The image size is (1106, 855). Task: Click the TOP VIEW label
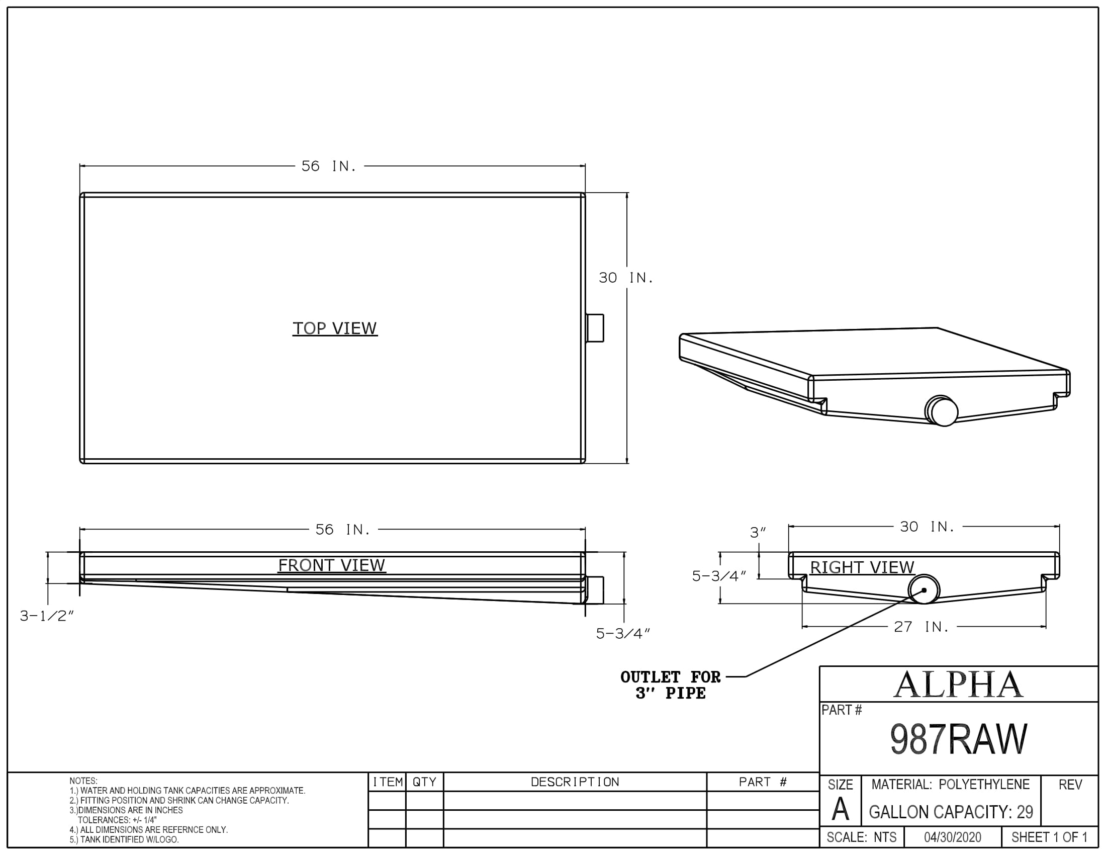(x=335, y=328)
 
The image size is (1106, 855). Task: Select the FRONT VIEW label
(x=332, y=565)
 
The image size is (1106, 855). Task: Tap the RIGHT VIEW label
(x=862, y=567)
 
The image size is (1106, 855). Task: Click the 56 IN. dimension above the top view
(x=329, y=166)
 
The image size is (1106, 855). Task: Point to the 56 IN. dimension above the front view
(x=343, y=530)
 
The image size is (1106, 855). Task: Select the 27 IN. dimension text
(x=920, y=627)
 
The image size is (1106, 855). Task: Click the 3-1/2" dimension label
(x=47, y=617)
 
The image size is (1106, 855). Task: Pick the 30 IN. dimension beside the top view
(x=626, y=278)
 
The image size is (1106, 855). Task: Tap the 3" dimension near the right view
(x=758, y=533)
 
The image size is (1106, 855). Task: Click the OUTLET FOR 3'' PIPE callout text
(x=670, y=685)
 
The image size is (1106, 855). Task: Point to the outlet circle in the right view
(x=924, y=590)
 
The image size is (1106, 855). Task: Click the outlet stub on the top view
(x=595, y=328)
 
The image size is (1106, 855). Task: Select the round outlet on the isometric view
(x=943, y=411)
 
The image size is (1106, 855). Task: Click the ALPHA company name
(x=958, y=685)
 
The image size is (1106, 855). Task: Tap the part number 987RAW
(x=958, y=739)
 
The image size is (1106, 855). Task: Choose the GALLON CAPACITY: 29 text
(x=951, y=812)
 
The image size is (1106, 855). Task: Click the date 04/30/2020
(x=952, y=837)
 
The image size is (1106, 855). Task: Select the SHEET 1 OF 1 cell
(x=1049, y=837)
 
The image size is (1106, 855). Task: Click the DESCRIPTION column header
(x=575, y=782)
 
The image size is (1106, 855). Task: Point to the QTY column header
(x=424, y=782)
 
